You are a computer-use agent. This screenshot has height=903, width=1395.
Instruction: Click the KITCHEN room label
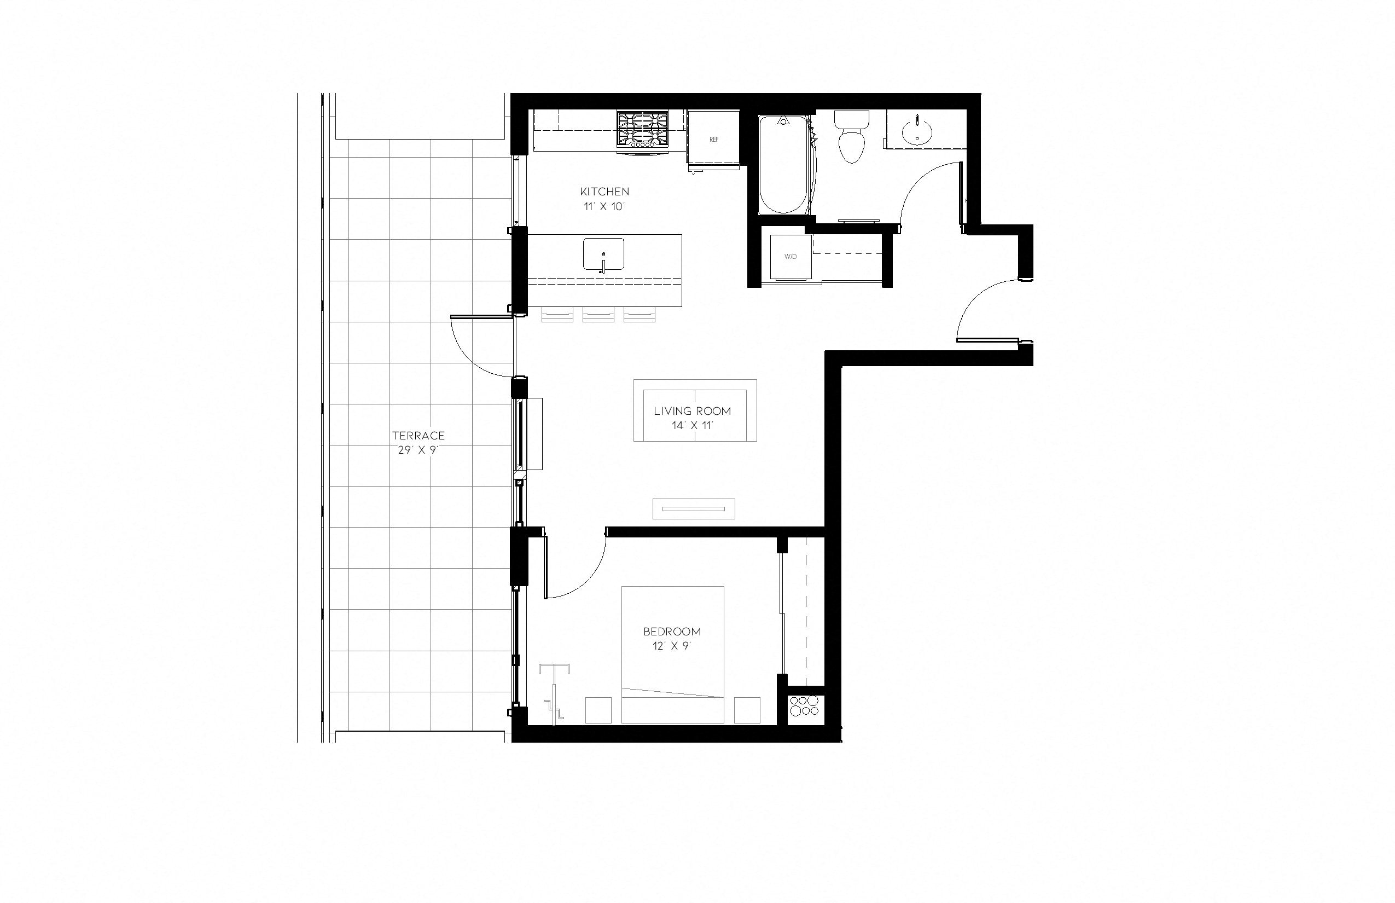(x=605, y=192)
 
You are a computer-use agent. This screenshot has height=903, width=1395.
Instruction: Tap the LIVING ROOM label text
(x=692, y=411)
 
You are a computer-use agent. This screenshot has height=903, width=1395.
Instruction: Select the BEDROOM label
(x=672, y=632)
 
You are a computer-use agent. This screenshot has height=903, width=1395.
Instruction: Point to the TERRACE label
(x=419, y=436)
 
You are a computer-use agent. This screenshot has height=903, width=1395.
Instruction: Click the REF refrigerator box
(x=713, y=139)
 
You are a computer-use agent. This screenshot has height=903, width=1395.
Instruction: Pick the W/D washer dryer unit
(x=791, y=257)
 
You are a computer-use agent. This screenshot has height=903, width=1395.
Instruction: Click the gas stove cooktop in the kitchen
(x=642, y=129)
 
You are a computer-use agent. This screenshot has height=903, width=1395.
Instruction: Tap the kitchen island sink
(x=603, y=254)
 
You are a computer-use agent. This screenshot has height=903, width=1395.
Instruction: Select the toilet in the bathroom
(x=851, y=138)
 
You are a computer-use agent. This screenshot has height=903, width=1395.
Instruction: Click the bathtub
(x=783, y=165)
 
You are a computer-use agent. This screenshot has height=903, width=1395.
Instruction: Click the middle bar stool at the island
(x=598, y=315)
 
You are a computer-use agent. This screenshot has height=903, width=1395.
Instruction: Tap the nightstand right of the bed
(x=747, y=710)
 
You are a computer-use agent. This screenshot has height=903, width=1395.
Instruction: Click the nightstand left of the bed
(x=598, y=710)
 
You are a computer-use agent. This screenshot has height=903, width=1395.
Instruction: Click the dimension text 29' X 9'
(x=418, y=450)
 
